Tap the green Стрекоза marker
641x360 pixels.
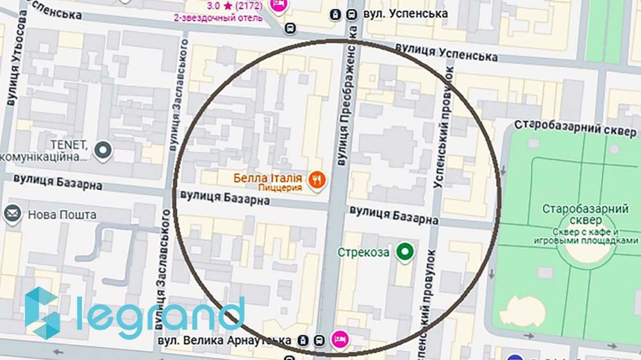pyautogui.click(x=404, y=252)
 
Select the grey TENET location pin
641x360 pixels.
pyautogui.click(x=103, y=151)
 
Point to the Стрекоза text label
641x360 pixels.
pyautogui.click(x=363, y=252)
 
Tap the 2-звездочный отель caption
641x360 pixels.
pyautogui.click(x=219, y=17)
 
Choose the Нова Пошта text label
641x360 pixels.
pyautogui.click(x=62, y=215)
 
